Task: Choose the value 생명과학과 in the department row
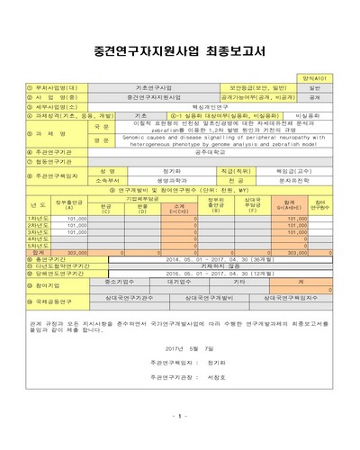tap(170, 179)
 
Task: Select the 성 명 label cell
tap(108, 170)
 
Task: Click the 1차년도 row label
tap(37, 218)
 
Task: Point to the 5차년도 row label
tap(37, 245)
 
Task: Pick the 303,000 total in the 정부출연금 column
tap(76, 253)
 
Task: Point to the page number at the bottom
tap(179, 416)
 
